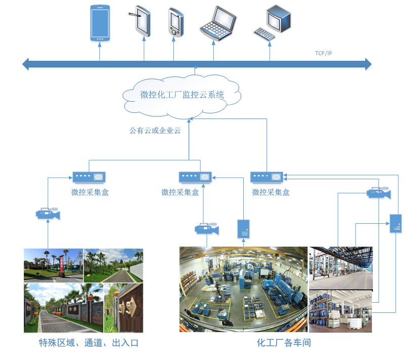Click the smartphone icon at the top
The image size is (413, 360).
point(99,23)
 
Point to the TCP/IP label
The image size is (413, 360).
point(324,53)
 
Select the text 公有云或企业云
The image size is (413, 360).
point(155,130)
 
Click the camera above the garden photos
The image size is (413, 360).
point(48,214)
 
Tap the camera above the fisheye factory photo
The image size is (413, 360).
point(206,228)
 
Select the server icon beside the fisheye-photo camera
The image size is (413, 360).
point(243,229)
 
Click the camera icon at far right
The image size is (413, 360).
point(379,193)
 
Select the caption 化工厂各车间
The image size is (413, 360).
point(283,343)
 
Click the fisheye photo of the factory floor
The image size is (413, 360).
point(243,289)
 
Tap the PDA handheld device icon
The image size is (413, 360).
point(175,23)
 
